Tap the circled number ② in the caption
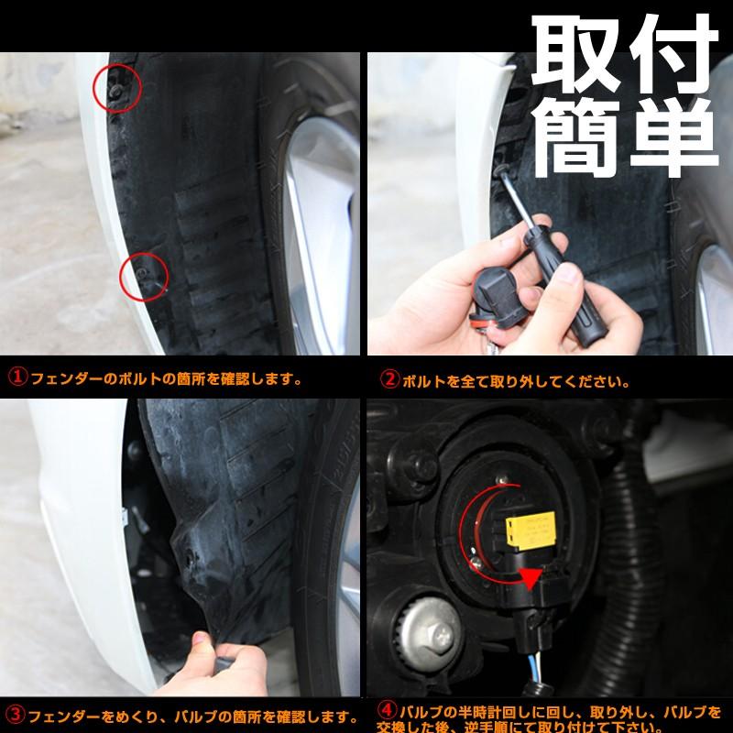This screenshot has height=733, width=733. click(x=389, y=377)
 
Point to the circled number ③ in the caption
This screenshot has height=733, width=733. click(x=16, y=714)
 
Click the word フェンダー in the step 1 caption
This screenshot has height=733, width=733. click(x=59, y=377)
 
